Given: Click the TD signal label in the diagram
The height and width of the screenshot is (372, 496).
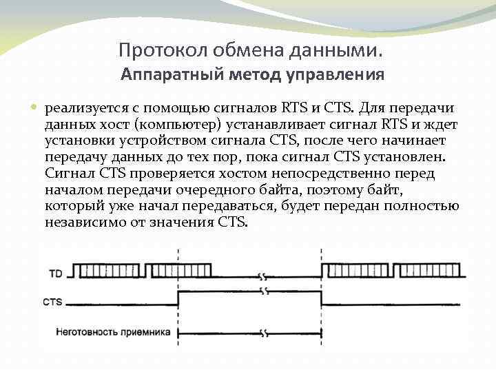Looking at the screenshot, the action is pyautogui.click(x=56, y=274).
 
